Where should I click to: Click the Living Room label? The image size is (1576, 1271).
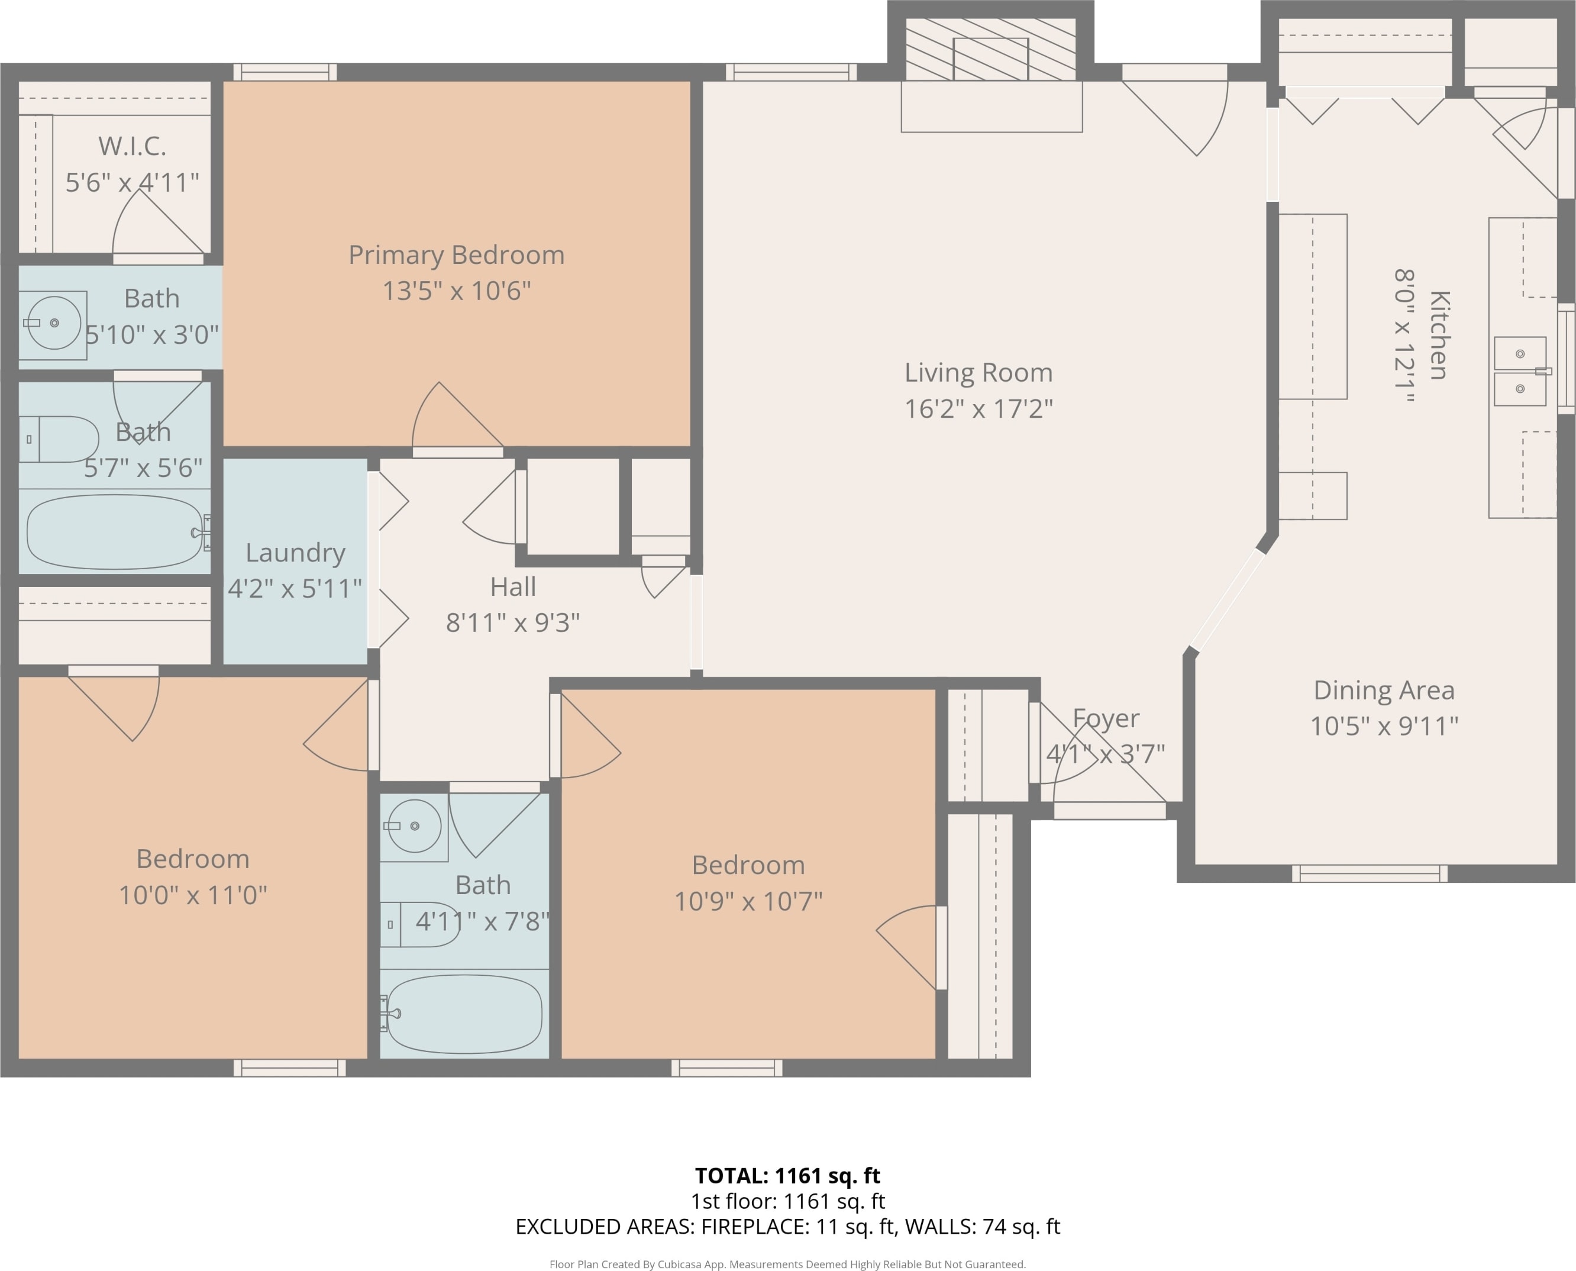[978, 373]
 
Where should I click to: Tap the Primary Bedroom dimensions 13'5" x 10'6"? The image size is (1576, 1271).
[457, 291]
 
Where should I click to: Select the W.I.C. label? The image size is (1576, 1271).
[133, 146]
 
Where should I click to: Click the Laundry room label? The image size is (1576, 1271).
[295, 553]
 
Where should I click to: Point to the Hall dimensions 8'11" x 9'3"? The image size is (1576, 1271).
[512, 622]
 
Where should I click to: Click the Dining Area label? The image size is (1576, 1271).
[1384, 691]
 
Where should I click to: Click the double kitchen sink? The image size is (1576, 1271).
[1520, 371]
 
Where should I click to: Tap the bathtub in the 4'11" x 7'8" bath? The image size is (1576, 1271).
[464, 1013]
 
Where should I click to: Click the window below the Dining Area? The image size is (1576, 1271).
[1370, 873]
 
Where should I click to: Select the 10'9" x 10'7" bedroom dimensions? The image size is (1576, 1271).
[748, 901]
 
